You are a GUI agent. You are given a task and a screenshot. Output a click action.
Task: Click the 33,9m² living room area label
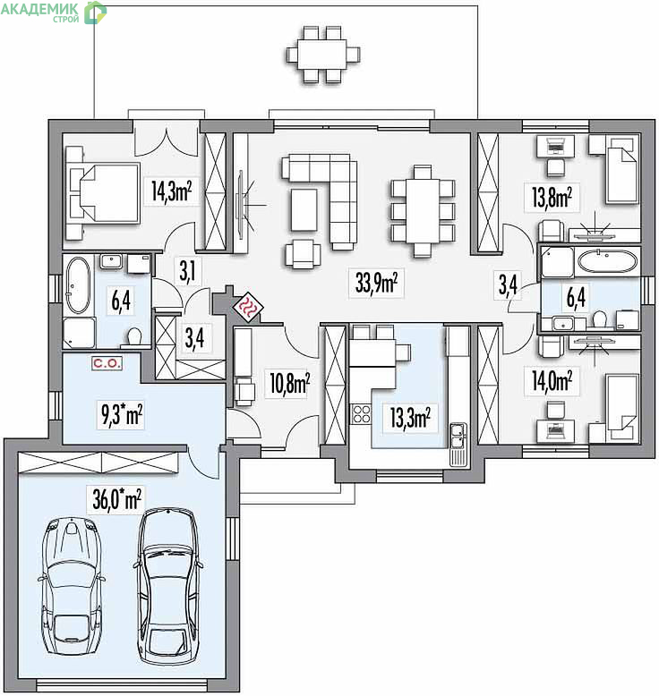coord(376,283)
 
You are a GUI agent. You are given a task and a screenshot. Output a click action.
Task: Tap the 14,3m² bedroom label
coord(172,191)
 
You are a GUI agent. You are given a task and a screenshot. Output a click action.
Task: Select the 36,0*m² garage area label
coord(117,498)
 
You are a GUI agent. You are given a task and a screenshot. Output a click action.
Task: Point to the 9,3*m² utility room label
coord(121,415)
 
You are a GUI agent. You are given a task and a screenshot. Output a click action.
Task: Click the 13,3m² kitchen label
coord(410,417)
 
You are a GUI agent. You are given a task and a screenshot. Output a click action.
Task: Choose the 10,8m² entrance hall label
coord(290,383)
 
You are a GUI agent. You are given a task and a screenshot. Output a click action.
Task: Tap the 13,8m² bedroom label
coord(552,197)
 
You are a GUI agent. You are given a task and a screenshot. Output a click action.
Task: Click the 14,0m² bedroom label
coord(552,381)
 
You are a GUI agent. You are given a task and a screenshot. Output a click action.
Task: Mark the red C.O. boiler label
coord(107,363)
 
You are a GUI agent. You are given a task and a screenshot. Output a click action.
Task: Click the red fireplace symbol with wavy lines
coord(249,307)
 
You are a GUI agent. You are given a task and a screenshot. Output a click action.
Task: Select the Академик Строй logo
coord(54,12)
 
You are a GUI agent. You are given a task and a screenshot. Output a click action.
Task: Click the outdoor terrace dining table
coord(321,55)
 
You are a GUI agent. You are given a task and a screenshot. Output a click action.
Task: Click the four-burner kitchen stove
coord(361,413)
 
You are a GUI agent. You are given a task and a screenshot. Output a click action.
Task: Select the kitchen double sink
coord(458,436)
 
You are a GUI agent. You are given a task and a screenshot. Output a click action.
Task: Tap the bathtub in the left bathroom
coord(78,285)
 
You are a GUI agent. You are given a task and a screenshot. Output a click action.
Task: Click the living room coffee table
coord(304,209)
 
